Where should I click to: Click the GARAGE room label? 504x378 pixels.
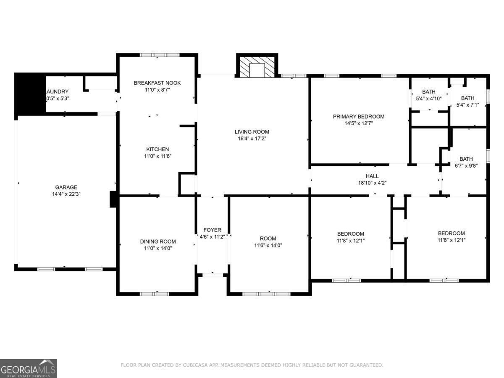[x=66, y=187]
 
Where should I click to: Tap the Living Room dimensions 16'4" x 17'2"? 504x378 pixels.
[x=252, y=138]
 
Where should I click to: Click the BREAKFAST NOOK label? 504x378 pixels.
[x=157, y=83]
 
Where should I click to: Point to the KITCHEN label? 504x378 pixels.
[x=157, y=149]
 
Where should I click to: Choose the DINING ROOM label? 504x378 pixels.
[x=158, y=241]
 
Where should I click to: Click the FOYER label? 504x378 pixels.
[x=212, y=230]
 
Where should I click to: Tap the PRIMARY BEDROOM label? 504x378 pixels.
[x=358, y=116]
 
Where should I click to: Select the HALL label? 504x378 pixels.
[x=372, y=176]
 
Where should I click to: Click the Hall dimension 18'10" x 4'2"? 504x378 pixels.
[x=372, y=183]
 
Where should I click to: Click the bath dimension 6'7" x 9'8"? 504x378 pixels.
[x=466, y=165]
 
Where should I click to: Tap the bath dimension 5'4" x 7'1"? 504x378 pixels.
[x=467, y=105]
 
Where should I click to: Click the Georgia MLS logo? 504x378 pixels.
[x=29, y=368]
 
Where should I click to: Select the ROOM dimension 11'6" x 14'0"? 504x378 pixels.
[x=268, y=245]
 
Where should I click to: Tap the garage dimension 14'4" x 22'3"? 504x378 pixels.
[x=66, y=194]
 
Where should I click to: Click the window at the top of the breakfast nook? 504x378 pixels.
[x=160, y=55]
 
